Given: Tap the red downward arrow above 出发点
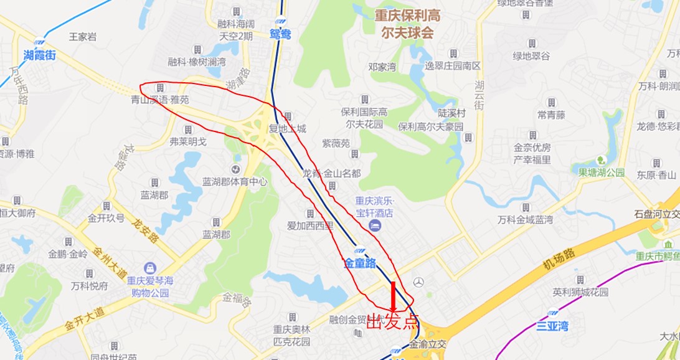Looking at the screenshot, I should (x=393, y=296).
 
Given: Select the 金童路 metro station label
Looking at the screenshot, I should (x=360, y=263).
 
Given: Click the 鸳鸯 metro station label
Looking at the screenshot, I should (x=281, y=35).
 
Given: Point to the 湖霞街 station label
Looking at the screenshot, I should (x=39, y=55).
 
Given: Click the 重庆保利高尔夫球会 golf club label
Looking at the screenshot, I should (x=407, y=24).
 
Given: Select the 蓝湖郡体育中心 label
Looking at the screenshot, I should (x=235, y=182).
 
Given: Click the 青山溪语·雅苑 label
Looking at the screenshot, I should (x=159, y=100).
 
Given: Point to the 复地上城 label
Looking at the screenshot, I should (x=287, y=129).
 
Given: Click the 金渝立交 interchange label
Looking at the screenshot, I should (x=428, y=344).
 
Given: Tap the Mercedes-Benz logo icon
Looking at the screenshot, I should (x=418, y=282).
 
